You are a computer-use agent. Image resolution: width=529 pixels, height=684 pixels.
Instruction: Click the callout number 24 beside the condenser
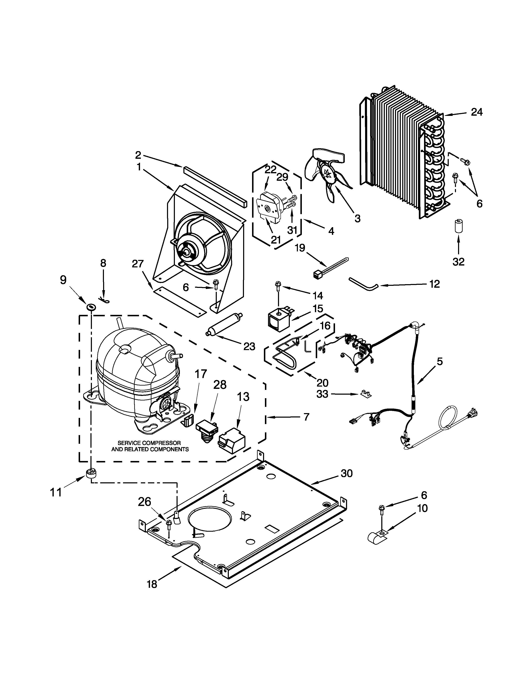[477, 112]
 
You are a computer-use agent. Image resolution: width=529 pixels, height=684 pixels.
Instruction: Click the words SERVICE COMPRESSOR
[149, 443]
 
